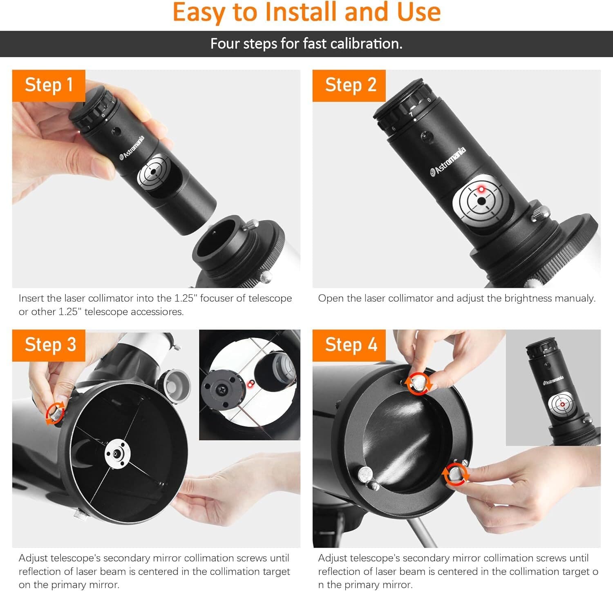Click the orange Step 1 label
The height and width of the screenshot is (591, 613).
tap(49, 85)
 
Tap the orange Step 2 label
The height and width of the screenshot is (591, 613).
tap(349, 85)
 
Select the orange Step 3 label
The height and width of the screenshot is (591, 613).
tap(49, 345)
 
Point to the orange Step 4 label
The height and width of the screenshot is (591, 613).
tap(349, 345)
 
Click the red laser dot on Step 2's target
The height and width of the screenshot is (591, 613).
tap(481, 189)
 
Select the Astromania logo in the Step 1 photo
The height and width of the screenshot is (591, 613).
tap(132, 148)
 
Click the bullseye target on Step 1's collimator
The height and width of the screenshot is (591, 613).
tap(154, 172)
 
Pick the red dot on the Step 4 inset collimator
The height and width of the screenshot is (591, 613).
tap(562, 404)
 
